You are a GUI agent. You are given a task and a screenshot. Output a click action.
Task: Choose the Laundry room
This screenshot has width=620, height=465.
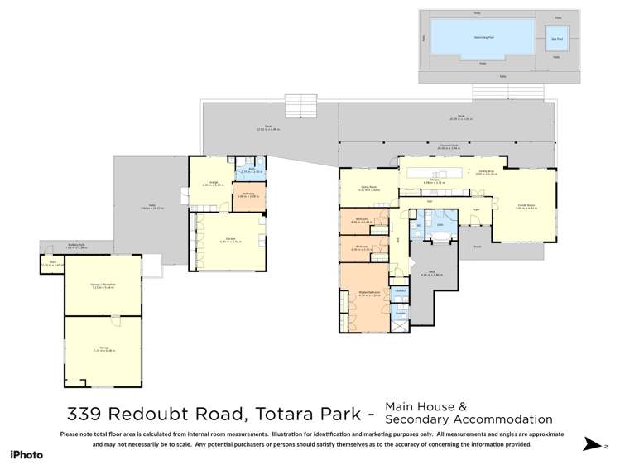tap(399, 291)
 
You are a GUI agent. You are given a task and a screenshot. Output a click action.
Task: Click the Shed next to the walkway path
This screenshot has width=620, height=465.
tap(50, 264)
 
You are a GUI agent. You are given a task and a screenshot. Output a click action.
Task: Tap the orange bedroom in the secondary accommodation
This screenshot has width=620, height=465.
tap(248, 197)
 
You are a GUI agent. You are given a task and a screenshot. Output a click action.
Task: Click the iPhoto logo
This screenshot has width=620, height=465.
tap(26, 454)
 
